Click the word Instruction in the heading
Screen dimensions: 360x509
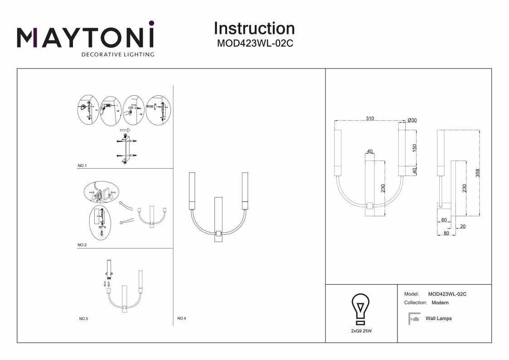coord(254,28)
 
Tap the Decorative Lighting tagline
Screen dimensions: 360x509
coord(117,55)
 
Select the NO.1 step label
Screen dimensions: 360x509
coord(82,166)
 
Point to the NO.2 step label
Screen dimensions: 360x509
coord(82,245)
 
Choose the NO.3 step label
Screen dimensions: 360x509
coord(83,319)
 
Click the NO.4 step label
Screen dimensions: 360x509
coord(181,318)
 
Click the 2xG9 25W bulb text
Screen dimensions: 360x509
coord(361,331)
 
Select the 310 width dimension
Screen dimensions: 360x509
coord(370,119)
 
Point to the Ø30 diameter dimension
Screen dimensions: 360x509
coord(412,120)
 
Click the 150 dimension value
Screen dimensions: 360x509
coord(413,149)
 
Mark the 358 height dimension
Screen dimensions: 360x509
coord(477,173)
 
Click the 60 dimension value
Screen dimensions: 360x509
coord(443,220)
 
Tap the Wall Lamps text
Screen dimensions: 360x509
coord(438,319)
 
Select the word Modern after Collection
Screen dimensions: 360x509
coord(440,302)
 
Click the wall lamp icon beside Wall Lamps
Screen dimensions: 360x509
coord(414,319)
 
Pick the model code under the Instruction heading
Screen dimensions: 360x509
coord(254,44)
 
